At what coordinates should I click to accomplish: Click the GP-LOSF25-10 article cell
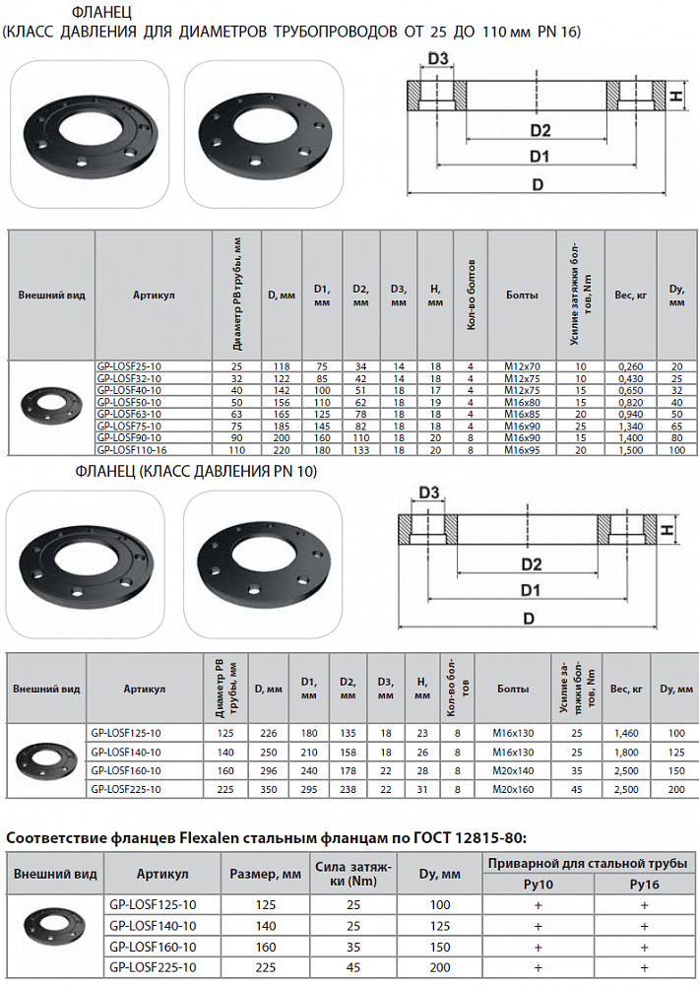coord(129,366)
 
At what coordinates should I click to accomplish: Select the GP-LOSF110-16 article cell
coord(129,449)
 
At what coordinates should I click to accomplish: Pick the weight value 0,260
coord(629,366)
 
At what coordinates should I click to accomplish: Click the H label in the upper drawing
coord(676,97)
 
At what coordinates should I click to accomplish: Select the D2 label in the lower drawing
coord(531,564)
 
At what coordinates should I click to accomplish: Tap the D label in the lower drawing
coord(529,618)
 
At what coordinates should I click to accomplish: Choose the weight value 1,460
coord(626,733)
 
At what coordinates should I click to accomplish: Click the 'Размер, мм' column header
coord(266,875)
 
